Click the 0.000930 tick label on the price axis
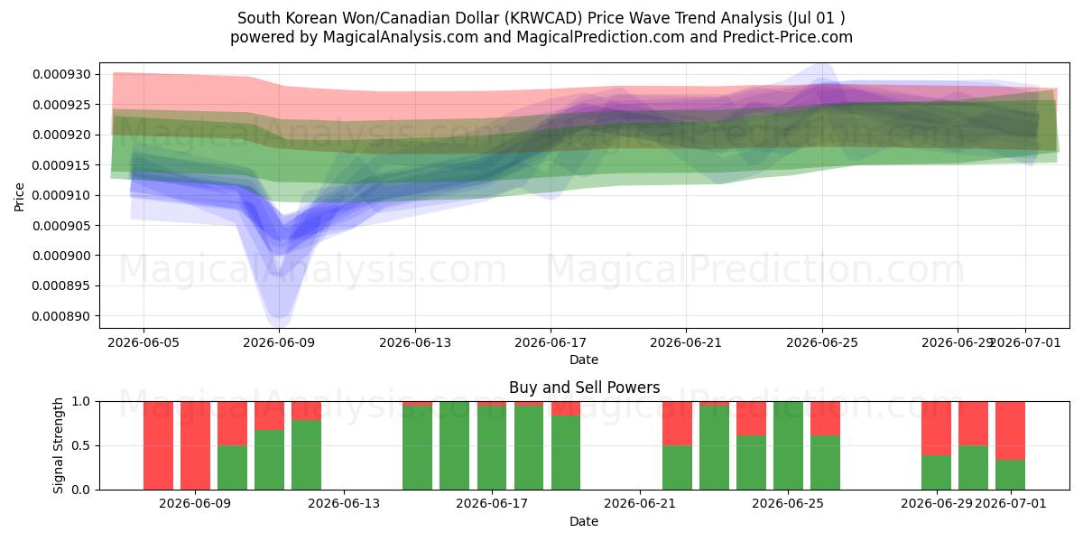(x=61, y=74)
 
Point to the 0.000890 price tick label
(x=61, y=316)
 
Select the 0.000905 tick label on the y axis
(x=61, y=226)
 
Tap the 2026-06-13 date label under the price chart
(x=415, y=343)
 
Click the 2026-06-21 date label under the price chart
(x=686, y=343)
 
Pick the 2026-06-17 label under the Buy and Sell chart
(x=492, y=504)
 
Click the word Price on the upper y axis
(x=19, y=197)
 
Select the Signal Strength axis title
(x=58, y=445)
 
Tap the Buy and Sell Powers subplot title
(x=584, y=388)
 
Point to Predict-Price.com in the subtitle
(x=788, y=37)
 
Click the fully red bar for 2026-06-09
(x=195, y=445)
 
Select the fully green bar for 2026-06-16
(x=455, y=445)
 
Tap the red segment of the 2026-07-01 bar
(x=1010, y=431)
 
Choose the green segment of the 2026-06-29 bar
(x=936, y=472)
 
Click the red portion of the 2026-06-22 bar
(x=677, y=424)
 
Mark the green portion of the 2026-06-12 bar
(x=306, y=455)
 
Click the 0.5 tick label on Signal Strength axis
(x=80, y=445)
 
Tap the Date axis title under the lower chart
(x=584, y=521)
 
